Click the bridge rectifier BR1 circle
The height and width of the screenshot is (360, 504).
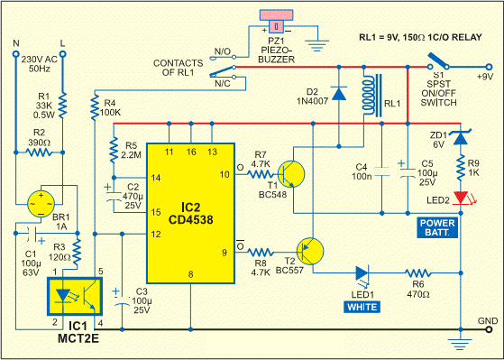pos(41,199)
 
